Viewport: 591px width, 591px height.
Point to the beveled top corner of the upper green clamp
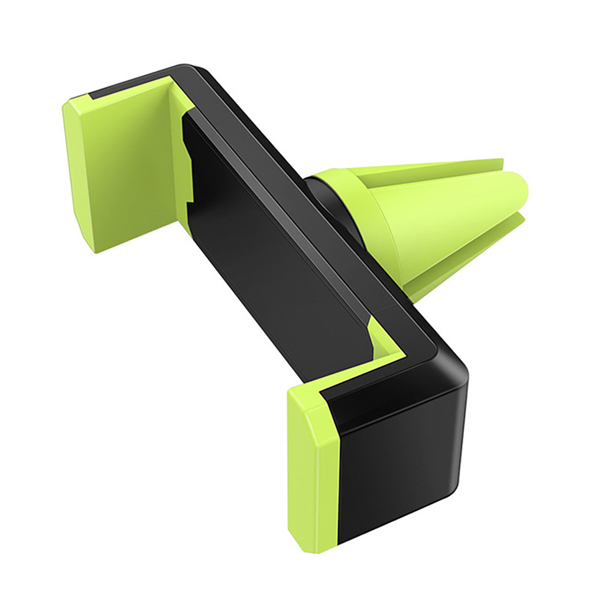[x=74, y=109]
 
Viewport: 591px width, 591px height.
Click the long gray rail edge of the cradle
[x=295, y=183]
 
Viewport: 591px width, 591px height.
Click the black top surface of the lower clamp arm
[x=384, y=396]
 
